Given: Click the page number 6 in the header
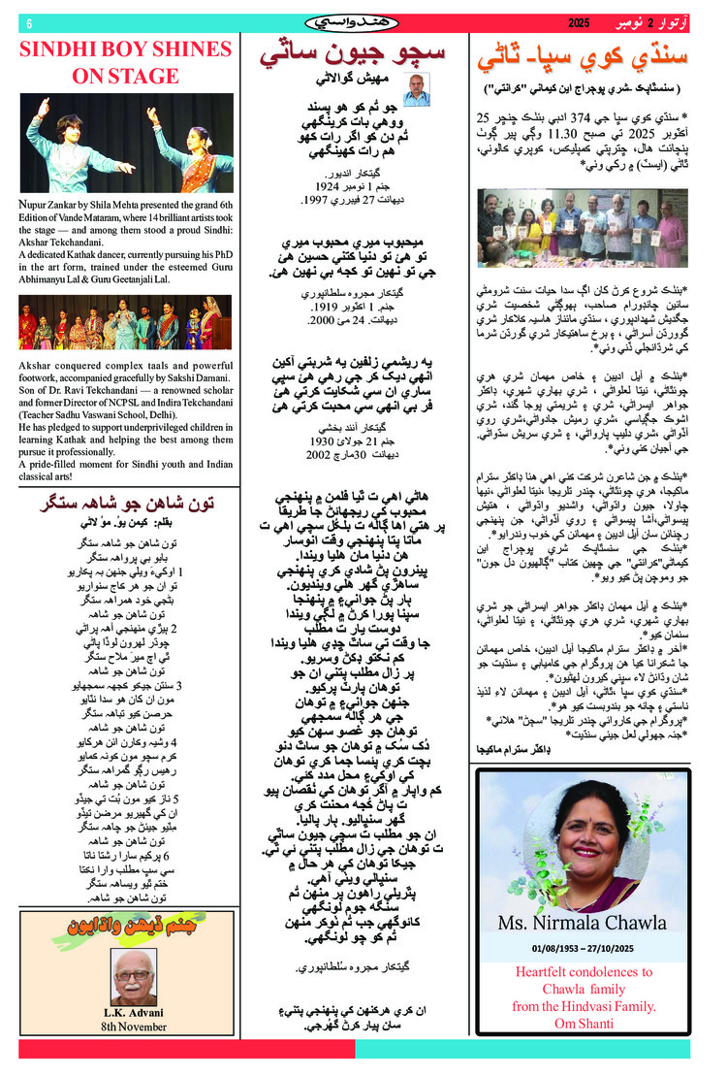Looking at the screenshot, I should (x=28, y=22).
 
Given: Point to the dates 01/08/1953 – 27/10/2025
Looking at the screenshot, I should (x=583, y=947).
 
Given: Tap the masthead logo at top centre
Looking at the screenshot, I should (x=351, y=21).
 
